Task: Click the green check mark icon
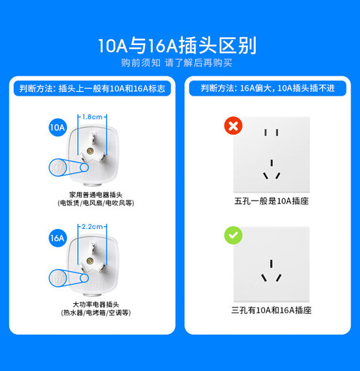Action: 234,235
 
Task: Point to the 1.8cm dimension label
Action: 93,116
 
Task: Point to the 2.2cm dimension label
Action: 93,226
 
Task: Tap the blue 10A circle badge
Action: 58,128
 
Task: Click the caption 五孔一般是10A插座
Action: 271,203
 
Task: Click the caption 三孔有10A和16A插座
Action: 271,310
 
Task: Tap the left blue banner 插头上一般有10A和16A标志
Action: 91,88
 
